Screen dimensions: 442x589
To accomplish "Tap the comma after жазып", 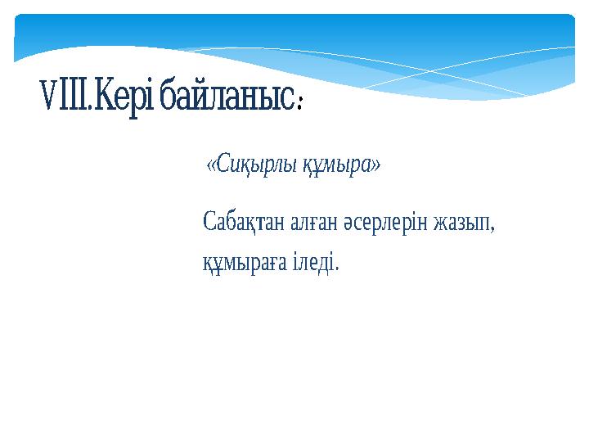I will pos(493,229).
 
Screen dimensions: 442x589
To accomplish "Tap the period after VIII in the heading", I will pos(92,111).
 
